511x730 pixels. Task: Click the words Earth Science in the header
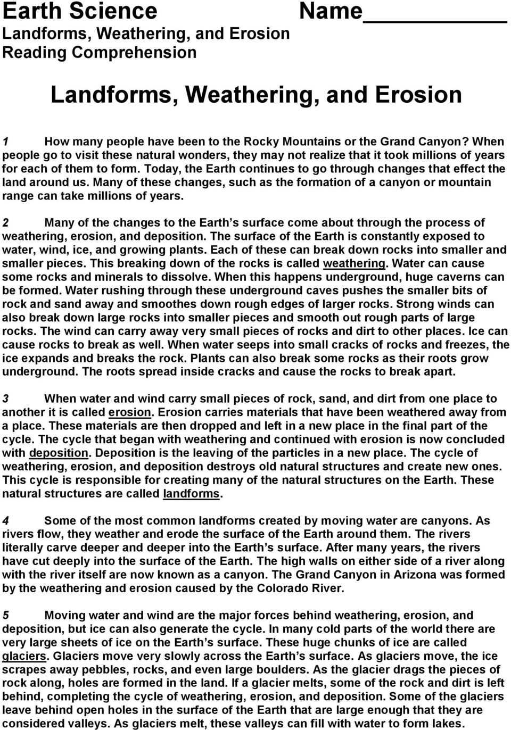pos(80,11)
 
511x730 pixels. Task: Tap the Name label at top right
pos(330,11)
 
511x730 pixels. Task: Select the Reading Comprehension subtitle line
pos(100,52)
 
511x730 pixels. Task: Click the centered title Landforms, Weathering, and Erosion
pos(256,94)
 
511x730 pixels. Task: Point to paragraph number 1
pos(5,142)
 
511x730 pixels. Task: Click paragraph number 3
pos(5,399)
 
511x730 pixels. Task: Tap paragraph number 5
pos(5,616)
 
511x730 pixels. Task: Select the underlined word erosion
pos(130,412)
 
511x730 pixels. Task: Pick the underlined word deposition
pos(59,453)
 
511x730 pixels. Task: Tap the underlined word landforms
pos(191,494)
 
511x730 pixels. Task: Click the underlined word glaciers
pos(24,656)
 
